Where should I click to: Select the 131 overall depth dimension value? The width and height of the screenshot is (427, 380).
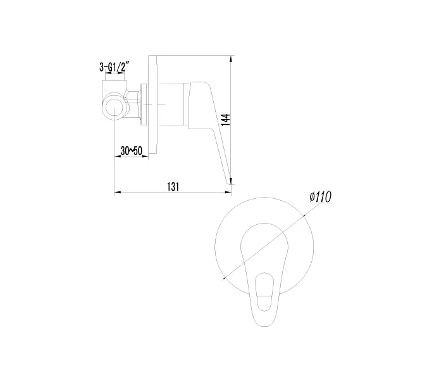coord(173,186)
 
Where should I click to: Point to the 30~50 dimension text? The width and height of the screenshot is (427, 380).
coord(132,150)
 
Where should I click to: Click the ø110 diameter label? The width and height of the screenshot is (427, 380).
coord(321,197)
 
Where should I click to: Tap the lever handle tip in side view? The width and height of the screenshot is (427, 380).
coord(226,182)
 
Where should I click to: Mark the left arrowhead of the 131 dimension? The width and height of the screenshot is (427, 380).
coord(116,192)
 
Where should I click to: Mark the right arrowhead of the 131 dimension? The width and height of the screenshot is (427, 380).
coord(230,192)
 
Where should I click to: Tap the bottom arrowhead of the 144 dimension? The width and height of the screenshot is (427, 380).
coord(232,184)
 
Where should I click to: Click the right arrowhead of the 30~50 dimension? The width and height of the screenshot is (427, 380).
coord(147,156)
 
